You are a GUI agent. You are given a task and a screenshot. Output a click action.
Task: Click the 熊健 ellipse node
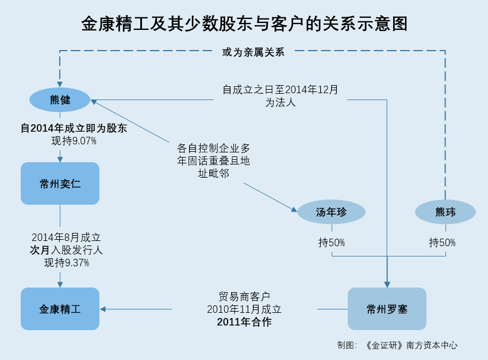coord(60,100)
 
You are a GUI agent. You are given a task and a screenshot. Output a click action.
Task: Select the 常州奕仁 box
coord(60,183)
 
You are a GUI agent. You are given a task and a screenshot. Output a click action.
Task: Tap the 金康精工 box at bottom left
coord(60,309)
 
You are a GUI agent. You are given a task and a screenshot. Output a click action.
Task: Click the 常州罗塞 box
coord(387,309)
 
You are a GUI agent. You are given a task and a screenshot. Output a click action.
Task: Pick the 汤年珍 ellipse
coord(331,212)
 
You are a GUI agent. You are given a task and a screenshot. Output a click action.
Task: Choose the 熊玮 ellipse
coord(445,212)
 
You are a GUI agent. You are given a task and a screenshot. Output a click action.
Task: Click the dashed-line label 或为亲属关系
coord(253,52)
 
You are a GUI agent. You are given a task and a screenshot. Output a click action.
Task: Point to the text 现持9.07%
coord(74,141)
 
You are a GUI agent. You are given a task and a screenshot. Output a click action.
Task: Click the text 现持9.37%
coord(67,263)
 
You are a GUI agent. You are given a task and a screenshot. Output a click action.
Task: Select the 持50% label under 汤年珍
coord(332,242)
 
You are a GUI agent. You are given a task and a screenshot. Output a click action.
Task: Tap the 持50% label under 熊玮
coord(442,242)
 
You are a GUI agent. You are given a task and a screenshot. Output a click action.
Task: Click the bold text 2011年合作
coord(244,321)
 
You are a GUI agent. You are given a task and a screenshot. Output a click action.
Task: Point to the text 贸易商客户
coord(244,297)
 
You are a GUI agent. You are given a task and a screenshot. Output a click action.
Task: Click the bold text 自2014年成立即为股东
coord(74,128)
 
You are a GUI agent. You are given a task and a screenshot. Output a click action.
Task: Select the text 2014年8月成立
coord(66,238)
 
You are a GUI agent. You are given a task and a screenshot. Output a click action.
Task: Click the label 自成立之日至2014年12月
coord(280,90)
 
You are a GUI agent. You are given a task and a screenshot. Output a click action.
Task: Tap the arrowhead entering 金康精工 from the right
coord(103,309)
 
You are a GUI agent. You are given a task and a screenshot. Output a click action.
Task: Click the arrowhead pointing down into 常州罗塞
coord(387,285)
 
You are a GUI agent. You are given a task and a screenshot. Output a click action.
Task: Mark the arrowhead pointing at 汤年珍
coord(294,209)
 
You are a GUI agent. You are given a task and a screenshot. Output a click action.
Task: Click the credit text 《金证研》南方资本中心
coord(410,345)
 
